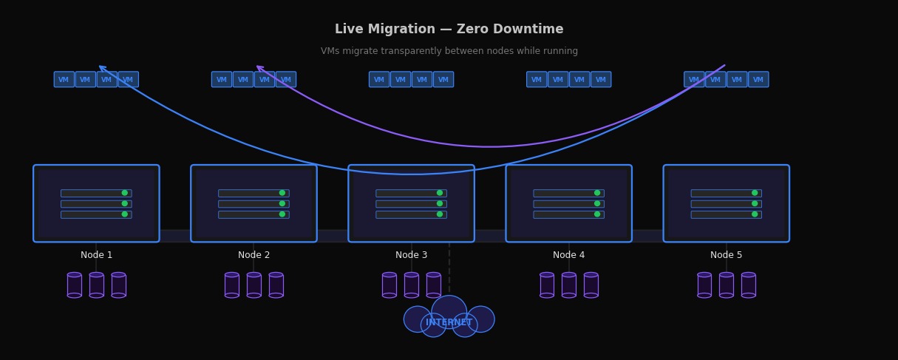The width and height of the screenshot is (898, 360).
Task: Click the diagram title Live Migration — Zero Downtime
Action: (x=449, y=30)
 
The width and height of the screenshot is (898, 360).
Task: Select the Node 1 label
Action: (x=96, y=255)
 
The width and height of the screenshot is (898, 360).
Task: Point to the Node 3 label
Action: (x=411, y=255)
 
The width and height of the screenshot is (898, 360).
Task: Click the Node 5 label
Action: (x=726, y=255)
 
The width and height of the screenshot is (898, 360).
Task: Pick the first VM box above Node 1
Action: (x=64, y=79)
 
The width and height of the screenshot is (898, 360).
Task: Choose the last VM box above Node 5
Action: (x=758, y=79)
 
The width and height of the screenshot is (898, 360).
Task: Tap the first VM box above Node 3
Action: (x=379, y=79)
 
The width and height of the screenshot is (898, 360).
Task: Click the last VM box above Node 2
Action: (x=286, y=79)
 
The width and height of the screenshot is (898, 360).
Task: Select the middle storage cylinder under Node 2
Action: (x=254, y=285)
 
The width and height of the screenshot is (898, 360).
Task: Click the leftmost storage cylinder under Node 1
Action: (x=75, y=285)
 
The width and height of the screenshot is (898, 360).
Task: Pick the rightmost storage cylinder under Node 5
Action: (x=748, y=285)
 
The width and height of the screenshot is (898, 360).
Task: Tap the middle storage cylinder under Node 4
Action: (x=569, y=285)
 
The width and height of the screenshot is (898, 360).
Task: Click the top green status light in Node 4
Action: (x=597, y=193)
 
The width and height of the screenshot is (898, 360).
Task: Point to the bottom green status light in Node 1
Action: (x=125, y=214)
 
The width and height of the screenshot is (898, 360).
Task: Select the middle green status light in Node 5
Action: (x=755, y=203)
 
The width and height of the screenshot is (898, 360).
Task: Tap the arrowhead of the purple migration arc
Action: (x=259, y=68)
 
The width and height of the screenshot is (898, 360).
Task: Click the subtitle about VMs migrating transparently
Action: (x=449, y=51)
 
